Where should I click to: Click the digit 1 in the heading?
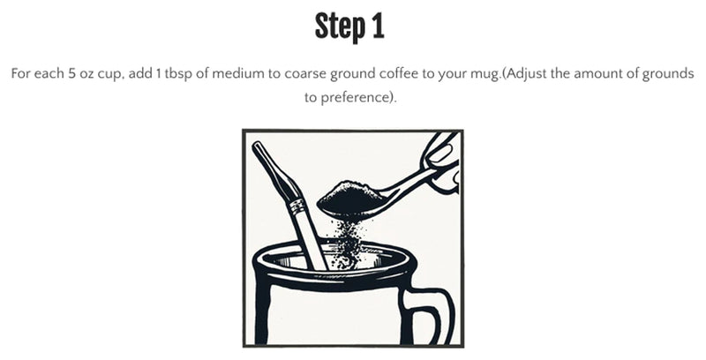[377, 27]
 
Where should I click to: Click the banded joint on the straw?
[297, 208]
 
